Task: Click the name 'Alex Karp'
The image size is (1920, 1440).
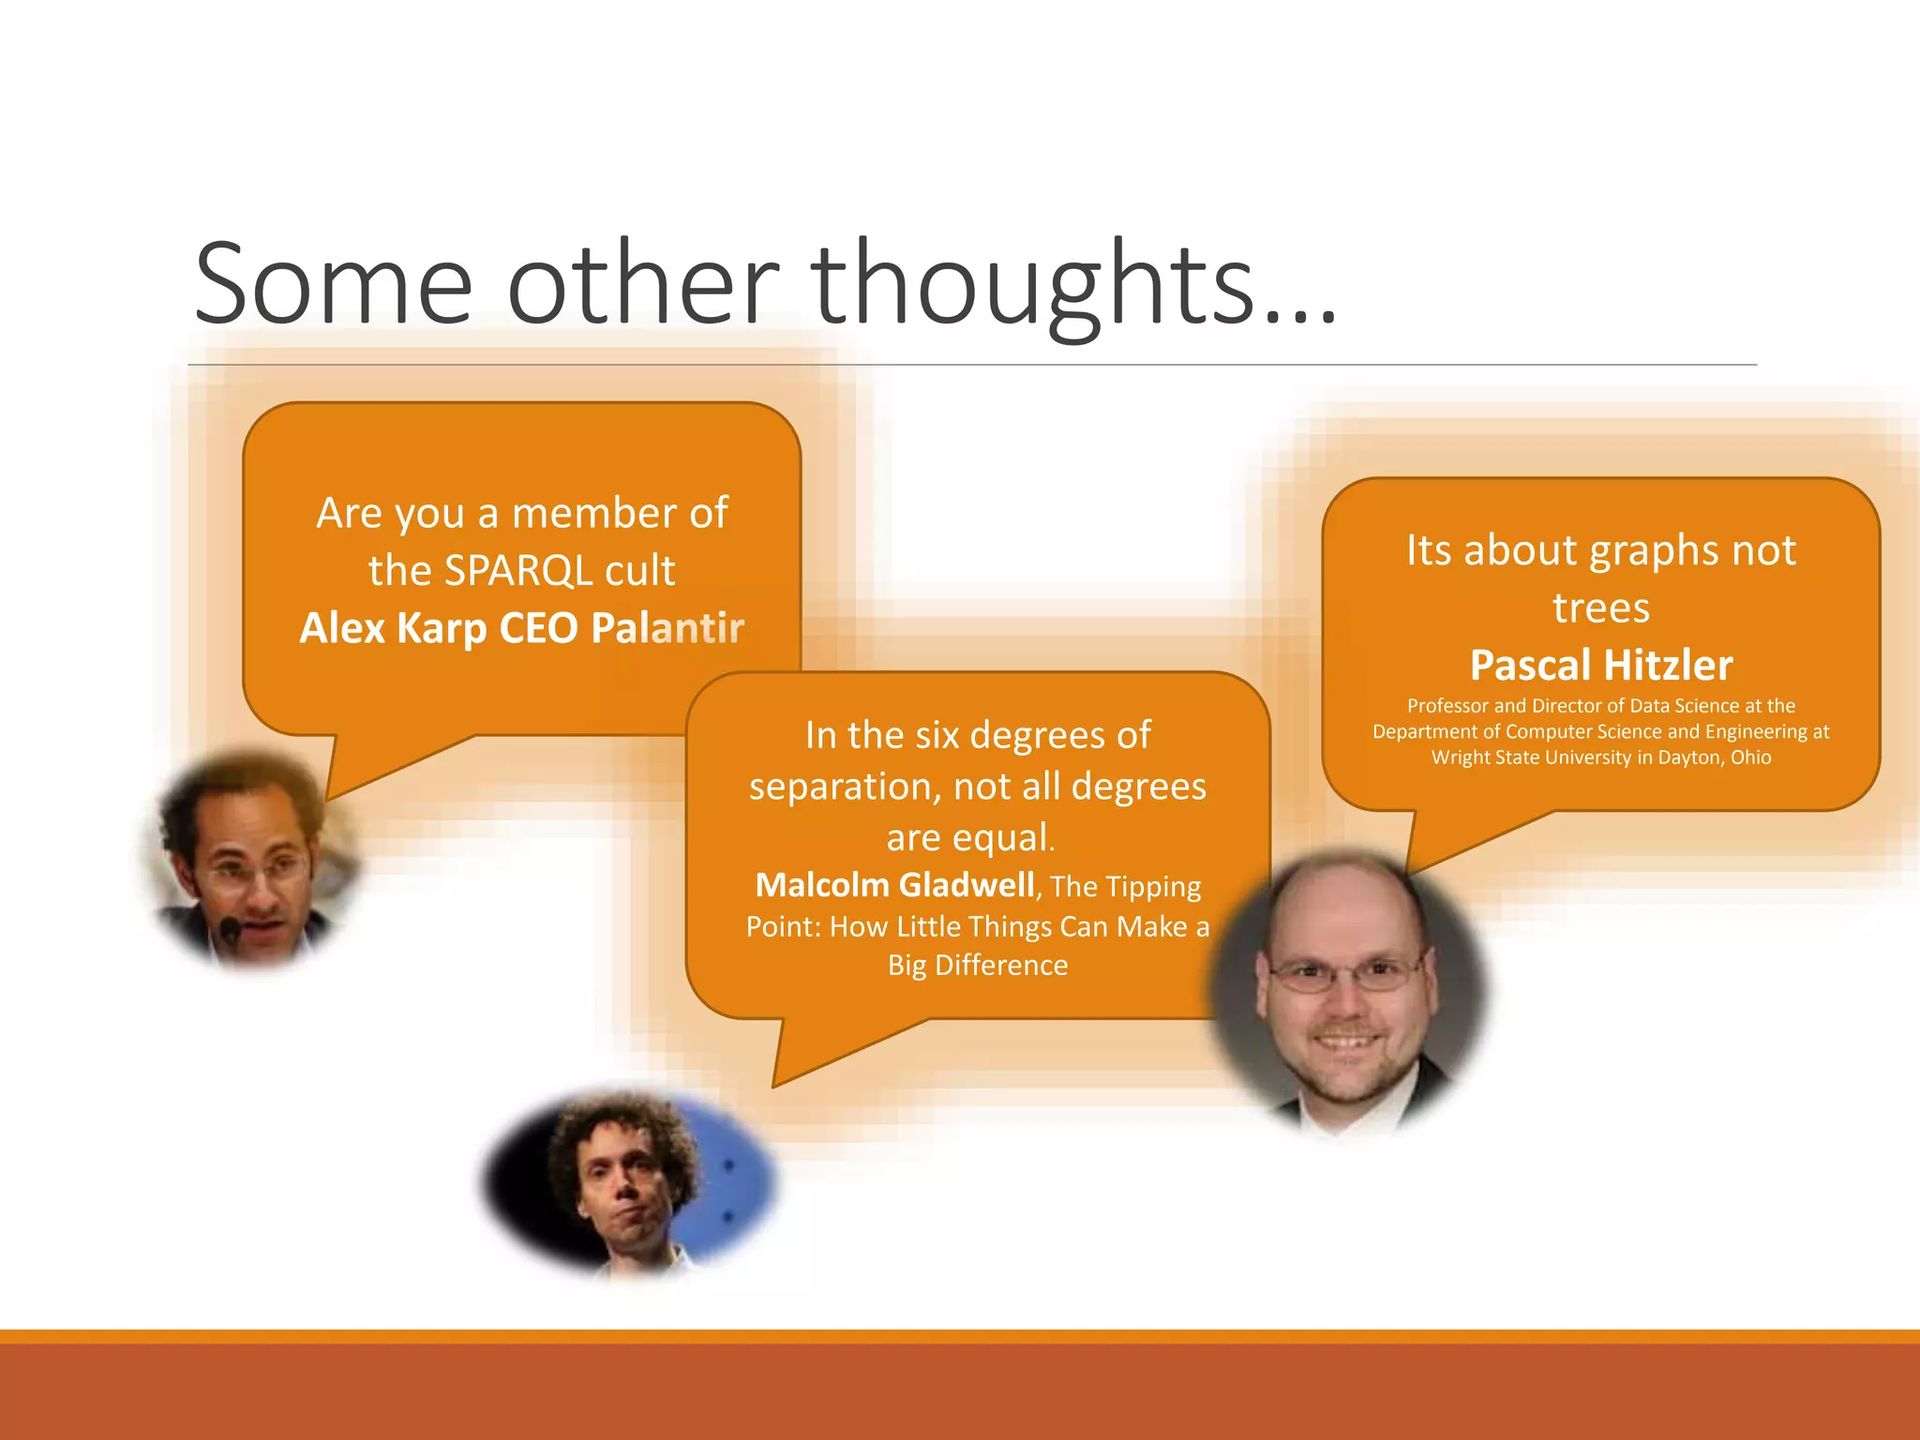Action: click(x=394, y=628)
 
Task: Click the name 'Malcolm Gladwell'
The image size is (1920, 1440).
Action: click(x=894, y=885)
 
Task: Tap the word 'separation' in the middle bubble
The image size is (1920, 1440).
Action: click(x=844, y=787)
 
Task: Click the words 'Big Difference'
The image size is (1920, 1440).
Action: click(x=978, y=965)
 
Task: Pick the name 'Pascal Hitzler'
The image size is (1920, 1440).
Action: click(x=1601, y=666)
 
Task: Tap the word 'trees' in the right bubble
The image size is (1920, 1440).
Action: click(x=1601, y=608)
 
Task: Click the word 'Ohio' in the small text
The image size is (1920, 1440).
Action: click(x=1750, y=757)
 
